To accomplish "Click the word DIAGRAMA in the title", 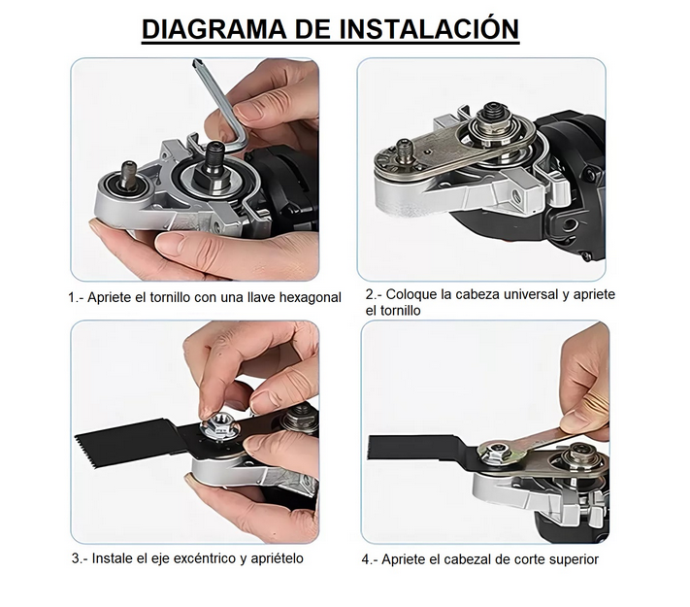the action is (214, 29).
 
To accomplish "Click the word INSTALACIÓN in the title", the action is (429, 28).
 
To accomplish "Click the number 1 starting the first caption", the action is (71, 298).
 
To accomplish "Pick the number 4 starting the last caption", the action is (365, 559).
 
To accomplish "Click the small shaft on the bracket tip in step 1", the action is (129, 171).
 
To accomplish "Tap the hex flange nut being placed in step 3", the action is (218, 426).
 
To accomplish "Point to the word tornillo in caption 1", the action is (170, 298).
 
